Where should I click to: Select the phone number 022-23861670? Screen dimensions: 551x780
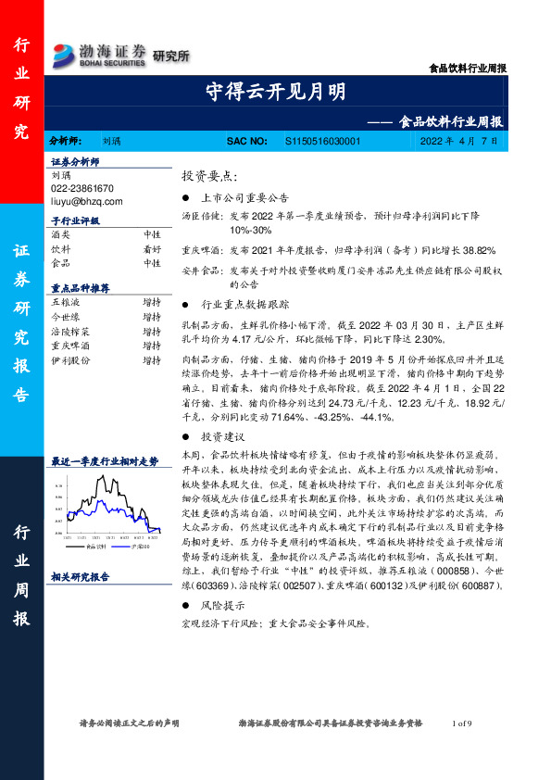[82, 186]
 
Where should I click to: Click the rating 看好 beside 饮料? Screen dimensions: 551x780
[152, 249]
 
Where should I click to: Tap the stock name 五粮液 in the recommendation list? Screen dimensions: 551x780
[67, 302]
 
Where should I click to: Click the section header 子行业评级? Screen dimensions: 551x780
[74, 221]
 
